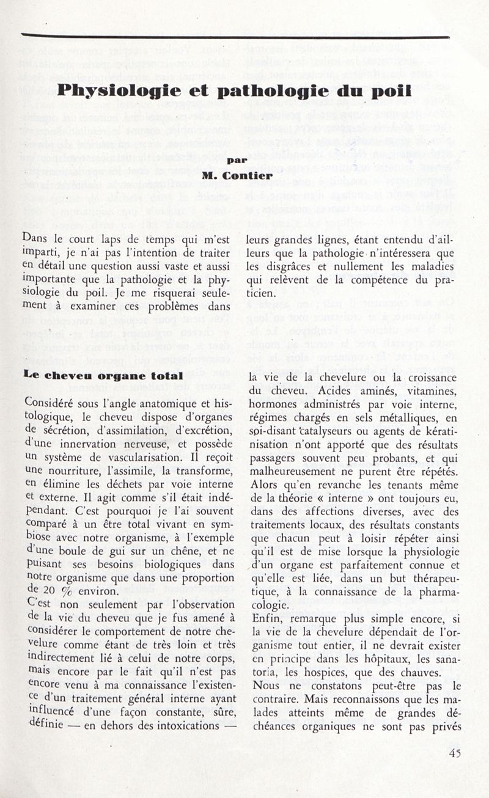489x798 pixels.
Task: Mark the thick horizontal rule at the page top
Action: click(235, 37)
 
